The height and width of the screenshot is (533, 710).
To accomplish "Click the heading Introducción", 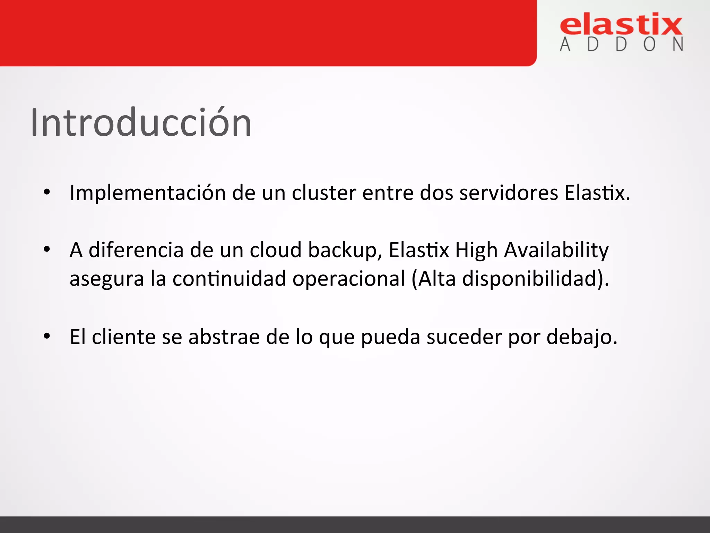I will (141, 122).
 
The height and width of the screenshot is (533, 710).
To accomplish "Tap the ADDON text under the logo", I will (621, 44).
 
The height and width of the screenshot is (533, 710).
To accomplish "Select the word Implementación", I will (148, 193).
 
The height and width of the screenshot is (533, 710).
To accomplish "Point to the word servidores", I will (509, 193).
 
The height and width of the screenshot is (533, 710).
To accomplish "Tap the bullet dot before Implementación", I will (47, 192).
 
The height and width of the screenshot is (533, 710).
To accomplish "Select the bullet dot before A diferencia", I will (47, 249).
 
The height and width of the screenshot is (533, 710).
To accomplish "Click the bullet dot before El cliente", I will (47, 336).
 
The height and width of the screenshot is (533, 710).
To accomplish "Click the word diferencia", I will (136, 250).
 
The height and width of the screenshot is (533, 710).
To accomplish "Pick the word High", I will (476, 251).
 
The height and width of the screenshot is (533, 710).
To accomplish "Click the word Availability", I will (556, 251).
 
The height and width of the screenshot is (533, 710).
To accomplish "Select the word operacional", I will (349, 279).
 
